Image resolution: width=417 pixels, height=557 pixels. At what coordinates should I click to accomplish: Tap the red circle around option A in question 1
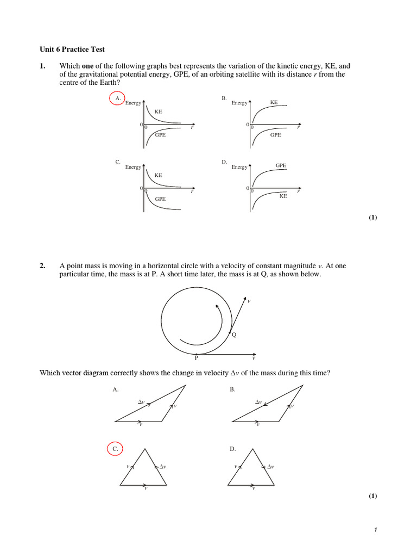click(117, 98)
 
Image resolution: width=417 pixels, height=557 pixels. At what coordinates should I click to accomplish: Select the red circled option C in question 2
click(115, 449)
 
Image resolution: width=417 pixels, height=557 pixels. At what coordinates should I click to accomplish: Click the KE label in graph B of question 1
click(274, 102)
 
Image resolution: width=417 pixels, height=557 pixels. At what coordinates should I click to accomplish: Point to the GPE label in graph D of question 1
click(281, 165)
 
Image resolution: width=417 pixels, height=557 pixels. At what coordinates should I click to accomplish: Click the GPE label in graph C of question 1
click(160, 199)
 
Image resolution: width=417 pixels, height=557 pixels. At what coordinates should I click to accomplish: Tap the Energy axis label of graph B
click(239, 103)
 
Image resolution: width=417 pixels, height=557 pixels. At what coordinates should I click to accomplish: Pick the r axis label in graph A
click(192, 128)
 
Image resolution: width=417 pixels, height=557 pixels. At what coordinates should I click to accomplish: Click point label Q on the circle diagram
click(234, 335)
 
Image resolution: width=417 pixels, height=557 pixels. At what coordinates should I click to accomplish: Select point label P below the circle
click(197, 358)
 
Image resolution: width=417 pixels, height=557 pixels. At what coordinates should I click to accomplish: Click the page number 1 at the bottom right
click(375, 531)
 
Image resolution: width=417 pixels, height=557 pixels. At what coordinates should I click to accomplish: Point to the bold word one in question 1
click(88, 66)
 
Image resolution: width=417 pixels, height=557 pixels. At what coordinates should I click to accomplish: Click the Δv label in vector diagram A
click(141, 401)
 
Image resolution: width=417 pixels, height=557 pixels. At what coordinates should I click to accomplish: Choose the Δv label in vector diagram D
click(270, 466)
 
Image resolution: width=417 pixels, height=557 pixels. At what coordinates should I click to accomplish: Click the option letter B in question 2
click(232, 389)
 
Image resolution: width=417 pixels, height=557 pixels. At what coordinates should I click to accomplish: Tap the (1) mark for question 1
click(372, 218)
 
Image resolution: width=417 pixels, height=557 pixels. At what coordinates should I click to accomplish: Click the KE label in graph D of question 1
click(283, 196)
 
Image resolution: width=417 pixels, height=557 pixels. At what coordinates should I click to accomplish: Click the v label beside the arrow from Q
click(249, 301)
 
